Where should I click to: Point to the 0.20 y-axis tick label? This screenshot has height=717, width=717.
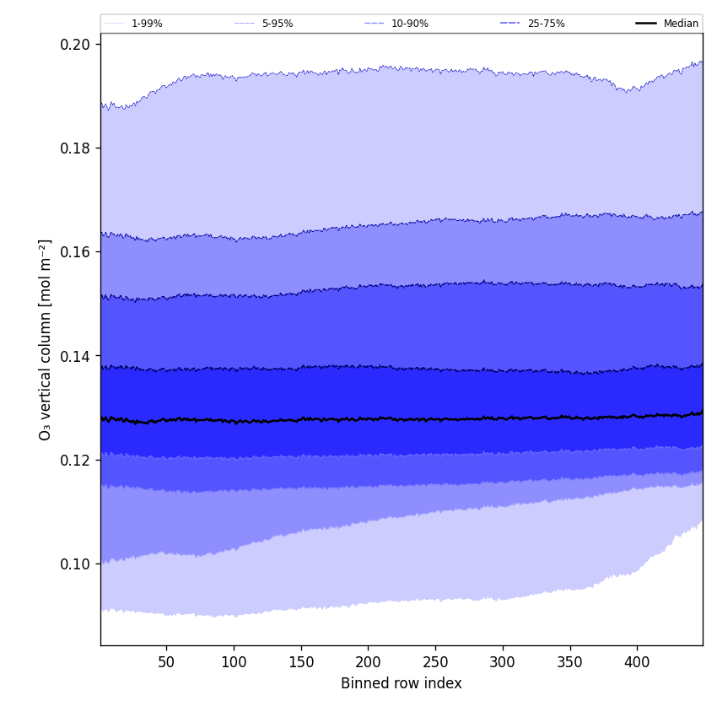coord(75,44)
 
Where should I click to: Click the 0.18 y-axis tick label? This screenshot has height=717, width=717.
coord(75,148)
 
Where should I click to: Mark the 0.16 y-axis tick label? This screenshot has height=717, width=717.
coord(75,252)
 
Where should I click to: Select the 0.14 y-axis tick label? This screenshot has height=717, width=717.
coord(75,356)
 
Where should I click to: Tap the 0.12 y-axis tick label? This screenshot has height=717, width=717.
coord(75,460)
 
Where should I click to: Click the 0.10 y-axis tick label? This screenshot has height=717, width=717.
coord(75,563)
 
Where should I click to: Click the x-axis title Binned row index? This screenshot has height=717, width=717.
coord(402,683)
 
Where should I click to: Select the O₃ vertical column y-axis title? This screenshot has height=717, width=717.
coord(46,339)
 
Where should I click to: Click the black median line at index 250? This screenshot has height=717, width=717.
coord(435,418)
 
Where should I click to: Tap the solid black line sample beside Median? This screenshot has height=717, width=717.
coord(646,24)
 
